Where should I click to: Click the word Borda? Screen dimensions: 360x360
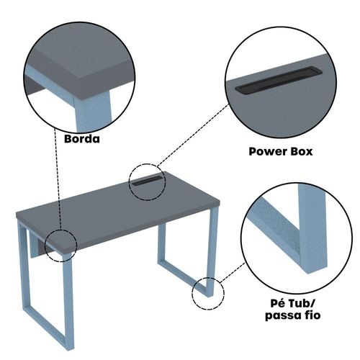coord(82,139)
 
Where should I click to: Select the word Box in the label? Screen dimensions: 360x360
coord(302,152)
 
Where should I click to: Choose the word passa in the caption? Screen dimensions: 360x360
coord(283,315)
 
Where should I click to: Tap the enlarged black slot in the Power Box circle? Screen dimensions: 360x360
coord(279,80)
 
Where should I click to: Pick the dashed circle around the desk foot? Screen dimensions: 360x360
coord(192,293)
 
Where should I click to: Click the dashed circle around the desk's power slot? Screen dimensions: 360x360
coord(130,182)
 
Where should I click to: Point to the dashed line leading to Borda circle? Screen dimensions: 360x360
coord(58,179)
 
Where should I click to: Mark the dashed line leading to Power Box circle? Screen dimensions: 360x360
coord(193,135)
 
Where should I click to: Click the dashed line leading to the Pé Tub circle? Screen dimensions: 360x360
coord(232,272)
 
